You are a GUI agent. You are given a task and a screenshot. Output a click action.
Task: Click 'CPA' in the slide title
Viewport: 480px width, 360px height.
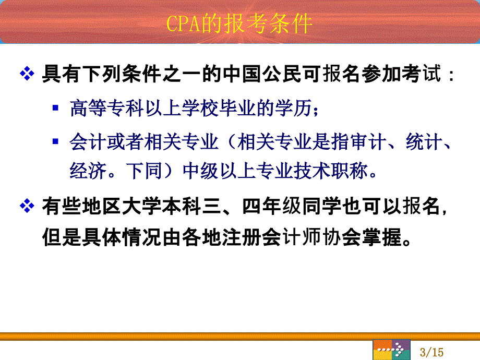tap(183, 23)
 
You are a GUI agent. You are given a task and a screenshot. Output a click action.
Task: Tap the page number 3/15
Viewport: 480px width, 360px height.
tap(431, 352)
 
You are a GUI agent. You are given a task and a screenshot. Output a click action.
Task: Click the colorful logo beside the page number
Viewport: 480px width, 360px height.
tap(391, 350)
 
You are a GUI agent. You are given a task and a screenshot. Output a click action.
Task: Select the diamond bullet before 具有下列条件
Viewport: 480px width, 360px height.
tap(27, 74)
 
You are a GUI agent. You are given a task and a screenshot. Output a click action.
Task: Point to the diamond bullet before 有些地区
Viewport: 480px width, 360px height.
tap(27, 206)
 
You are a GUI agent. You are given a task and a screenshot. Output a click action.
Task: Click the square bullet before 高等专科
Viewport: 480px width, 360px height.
tap(55, 108)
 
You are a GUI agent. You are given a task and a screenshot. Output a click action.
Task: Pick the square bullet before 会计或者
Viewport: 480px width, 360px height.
tap(55, 141)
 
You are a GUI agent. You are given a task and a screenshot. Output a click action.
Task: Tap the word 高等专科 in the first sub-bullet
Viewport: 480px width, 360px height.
tap(106, 108)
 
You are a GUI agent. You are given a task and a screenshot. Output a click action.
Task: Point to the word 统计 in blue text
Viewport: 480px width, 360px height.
tap(424, 141)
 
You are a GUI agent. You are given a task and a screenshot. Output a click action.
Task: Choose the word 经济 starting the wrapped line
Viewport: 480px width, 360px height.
tap(88, 170)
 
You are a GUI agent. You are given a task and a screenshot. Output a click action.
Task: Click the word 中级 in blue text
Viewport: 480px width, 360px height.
tap(201, 170)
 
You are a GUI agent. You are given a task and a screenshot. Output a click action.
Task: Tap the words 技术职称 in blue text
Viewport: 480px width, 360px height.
tap(331, 170)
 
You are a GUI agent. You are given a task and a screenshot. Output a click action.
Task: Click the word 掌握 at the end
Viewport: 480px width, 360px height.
tap(382, 237)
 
